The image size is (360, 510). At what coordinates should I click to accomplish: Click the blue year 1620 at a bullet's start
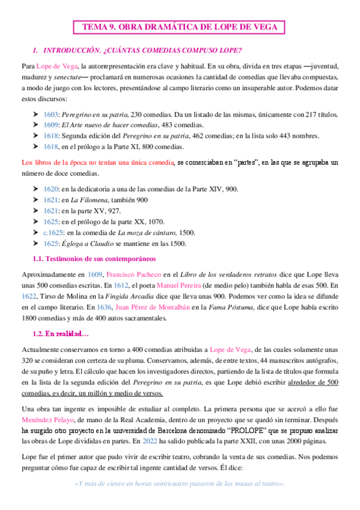point(50,189)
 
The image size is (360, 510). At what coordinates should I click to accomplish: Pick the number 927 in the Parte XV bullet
point(131,210)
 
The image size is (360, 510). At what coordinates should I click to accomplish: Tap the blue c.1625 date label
point(53,232)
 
